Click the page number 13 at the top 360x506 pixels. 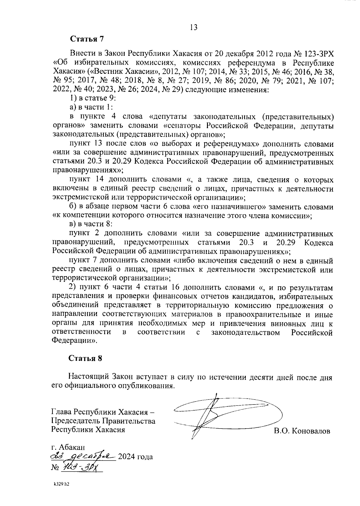click(x=193, y=27)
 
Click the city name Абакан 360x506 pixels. click(x=72, y=447)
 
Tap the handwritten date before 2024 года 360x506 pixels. click(x=82, y=456)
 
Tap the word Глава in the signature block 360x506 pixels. click(x=61, y=411)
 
